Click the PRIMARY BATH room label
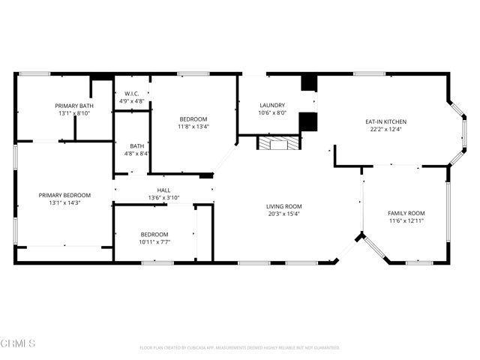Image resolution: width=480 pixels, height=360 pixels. point(74,106)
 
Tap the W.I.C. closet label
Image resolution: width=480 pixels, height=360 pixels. point(131,94)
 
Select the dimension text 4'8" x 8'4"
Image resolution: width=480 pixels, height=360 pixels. point(137,154)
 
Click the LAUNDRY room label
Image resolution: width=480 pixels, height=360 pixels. point(271,105)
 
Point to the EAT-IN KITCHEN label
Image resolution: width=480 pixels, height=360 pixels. point(386,121)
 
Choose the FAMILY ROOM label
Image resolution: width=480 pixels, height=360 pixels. point(406,214)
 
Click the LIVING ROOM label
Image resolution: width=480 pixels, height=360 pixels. point(283,206)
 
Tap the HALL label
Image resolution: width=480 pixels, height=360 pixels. point(163,190)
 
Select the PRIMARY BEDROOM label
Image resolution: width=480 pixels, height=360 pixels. point(64,195)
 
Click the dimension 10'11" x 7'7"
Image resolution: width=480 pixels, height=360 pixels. point(154,241)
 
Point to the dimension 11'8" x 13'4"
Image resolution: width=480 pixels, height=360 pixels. point(193,127)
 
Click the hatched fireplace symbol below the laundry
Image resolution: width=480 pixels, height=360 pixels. point(278,142)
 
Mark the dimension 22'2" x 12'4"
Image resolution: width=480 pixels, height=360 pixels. point(386,129)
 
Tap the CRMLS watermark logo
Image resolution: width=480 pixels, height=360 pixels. point(19,344)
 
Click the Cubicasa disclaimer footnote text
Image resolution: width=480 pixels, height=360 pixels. point(240,348)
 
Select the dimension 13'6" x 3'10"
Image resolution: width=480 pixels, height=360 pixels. point(163,198)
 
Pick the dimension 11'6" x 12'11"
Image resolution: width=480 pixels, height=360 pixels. point(406,221)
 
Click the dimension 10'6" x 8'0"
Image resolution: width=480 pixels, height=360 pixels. point(271,112)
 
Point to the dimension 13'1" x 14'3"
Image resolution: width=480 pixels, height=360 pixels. point(64,202)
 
